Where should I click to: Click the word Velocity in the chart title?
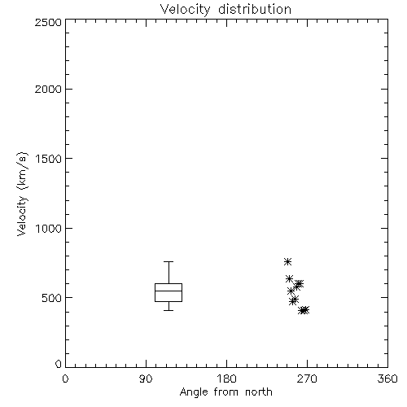pyautogui.click(x=186, y=10)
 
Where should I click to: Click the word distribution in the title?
pyautogui.click(x=255, y=9)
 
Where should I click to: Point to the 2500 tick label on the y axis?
pyautogui.click(x=48, y=22)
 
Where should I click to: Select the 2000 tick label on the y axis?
pyautogui.click(x=48, y=89)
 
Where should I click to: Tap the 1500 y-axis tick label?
pyautogui.click(x=49, y=159)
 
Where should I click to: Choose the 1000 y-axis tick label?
pyautogui.click(x=49, y=229)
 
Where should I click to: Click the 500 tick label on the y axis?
pyautogui.click(x=52, y=298)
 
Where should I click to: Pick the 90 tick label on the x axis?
pyautogui.click(x=146, y=379)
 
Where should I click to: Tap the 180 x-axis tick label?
pyautogui.click(x=226, y=379)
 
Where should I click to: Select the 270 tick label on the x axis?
pyautogui.click(x=307, y=379)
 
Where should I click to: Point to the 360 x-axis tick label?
pyautogui.click(x=387, y=379)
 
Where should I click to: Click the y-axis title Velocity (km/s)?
pyautogui.click(x=22, y=194)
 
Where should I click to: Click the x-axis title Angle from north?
pyautogui.click(x=225, y=392)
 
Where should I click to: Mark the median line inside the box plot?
pyautogui.click(x=168, y=291)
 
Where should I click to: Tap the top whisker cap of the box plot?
pyautogui.click(x=168, y=261)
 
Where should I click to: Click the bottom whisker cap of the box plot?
pyautogui.click(x=168, y=310)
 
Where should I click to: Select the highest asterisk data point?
pyautogui.click(x=287, y=261)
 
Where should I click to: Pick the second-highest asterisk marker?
pyautogui.click(x=289, y=278)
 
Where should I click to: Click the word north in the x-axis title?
pyautogui.click(x=259, y=392)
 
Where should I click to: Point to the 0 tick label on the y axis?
pyautogui.click(x=59, y=364)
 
